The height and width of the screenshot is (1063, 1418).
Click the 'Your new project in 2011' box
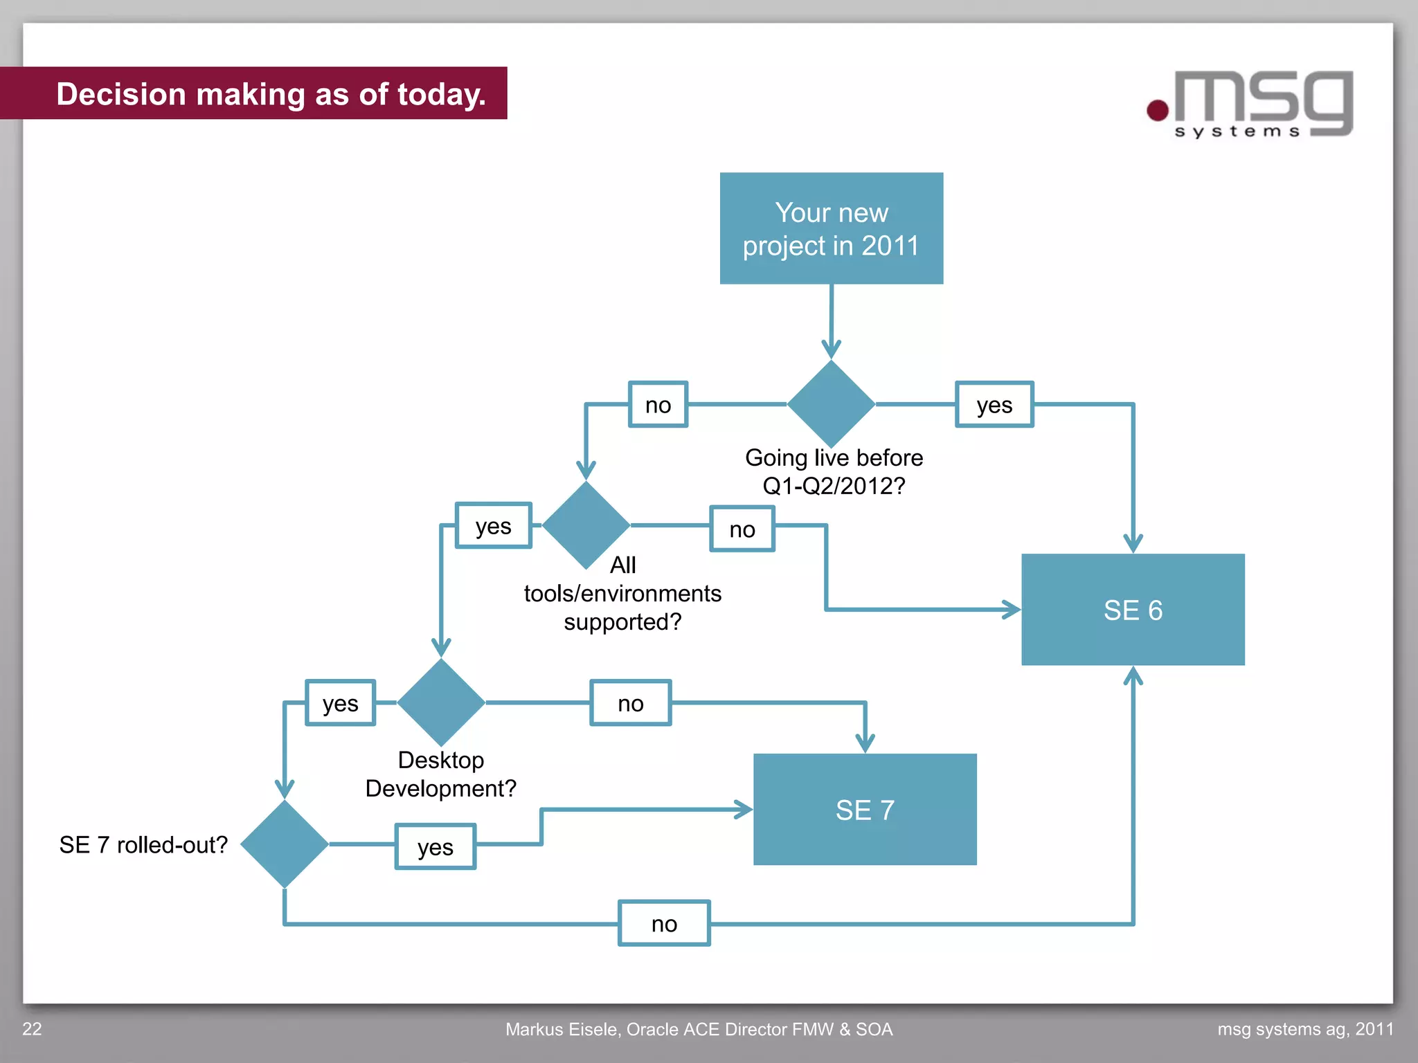click(831, 228)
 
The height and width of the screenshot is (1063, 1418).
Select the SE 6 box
click(1133, 610)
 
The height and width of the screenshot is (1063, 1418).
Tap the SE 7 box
click(865, 810)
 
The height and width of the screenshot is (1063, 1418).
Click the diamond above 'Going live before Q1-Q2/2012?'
click(831, 404)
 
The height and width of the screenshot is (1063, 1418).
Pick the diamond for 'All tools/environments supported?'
click(586, 525)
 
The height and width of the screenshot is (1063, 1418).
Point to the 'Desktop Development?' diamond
click(441, 702)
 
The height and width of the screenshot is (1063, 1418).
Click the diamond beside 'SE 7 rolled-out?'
click(285, 844)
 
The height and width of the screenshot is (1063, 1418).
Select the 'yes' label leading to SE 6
click(994, 405)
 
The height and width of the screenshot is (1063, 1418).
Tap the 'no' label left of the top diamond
click(658, 405)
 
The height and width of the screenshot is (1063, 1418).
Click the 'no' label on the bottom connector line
click(664, 923)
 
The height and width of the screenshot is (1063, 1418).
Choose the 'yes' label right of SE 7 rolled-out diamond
click(436, 846)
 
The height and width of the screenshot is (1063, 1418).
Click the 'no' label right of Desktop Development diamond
click(631, 703)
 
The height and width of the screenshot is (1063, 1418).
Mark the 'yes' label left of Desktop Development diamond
click(341, 703)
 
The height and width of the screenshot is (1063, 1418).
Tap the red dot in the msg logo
click(1158, 110)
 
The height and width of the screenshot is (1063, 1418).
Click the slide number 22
click(33, 1029)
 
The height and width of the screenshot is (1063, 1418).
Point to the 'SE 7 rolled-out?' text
click(143, 845)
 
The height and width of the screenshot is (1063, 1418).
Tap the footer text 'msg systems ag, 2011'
click(1305, 1030)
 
